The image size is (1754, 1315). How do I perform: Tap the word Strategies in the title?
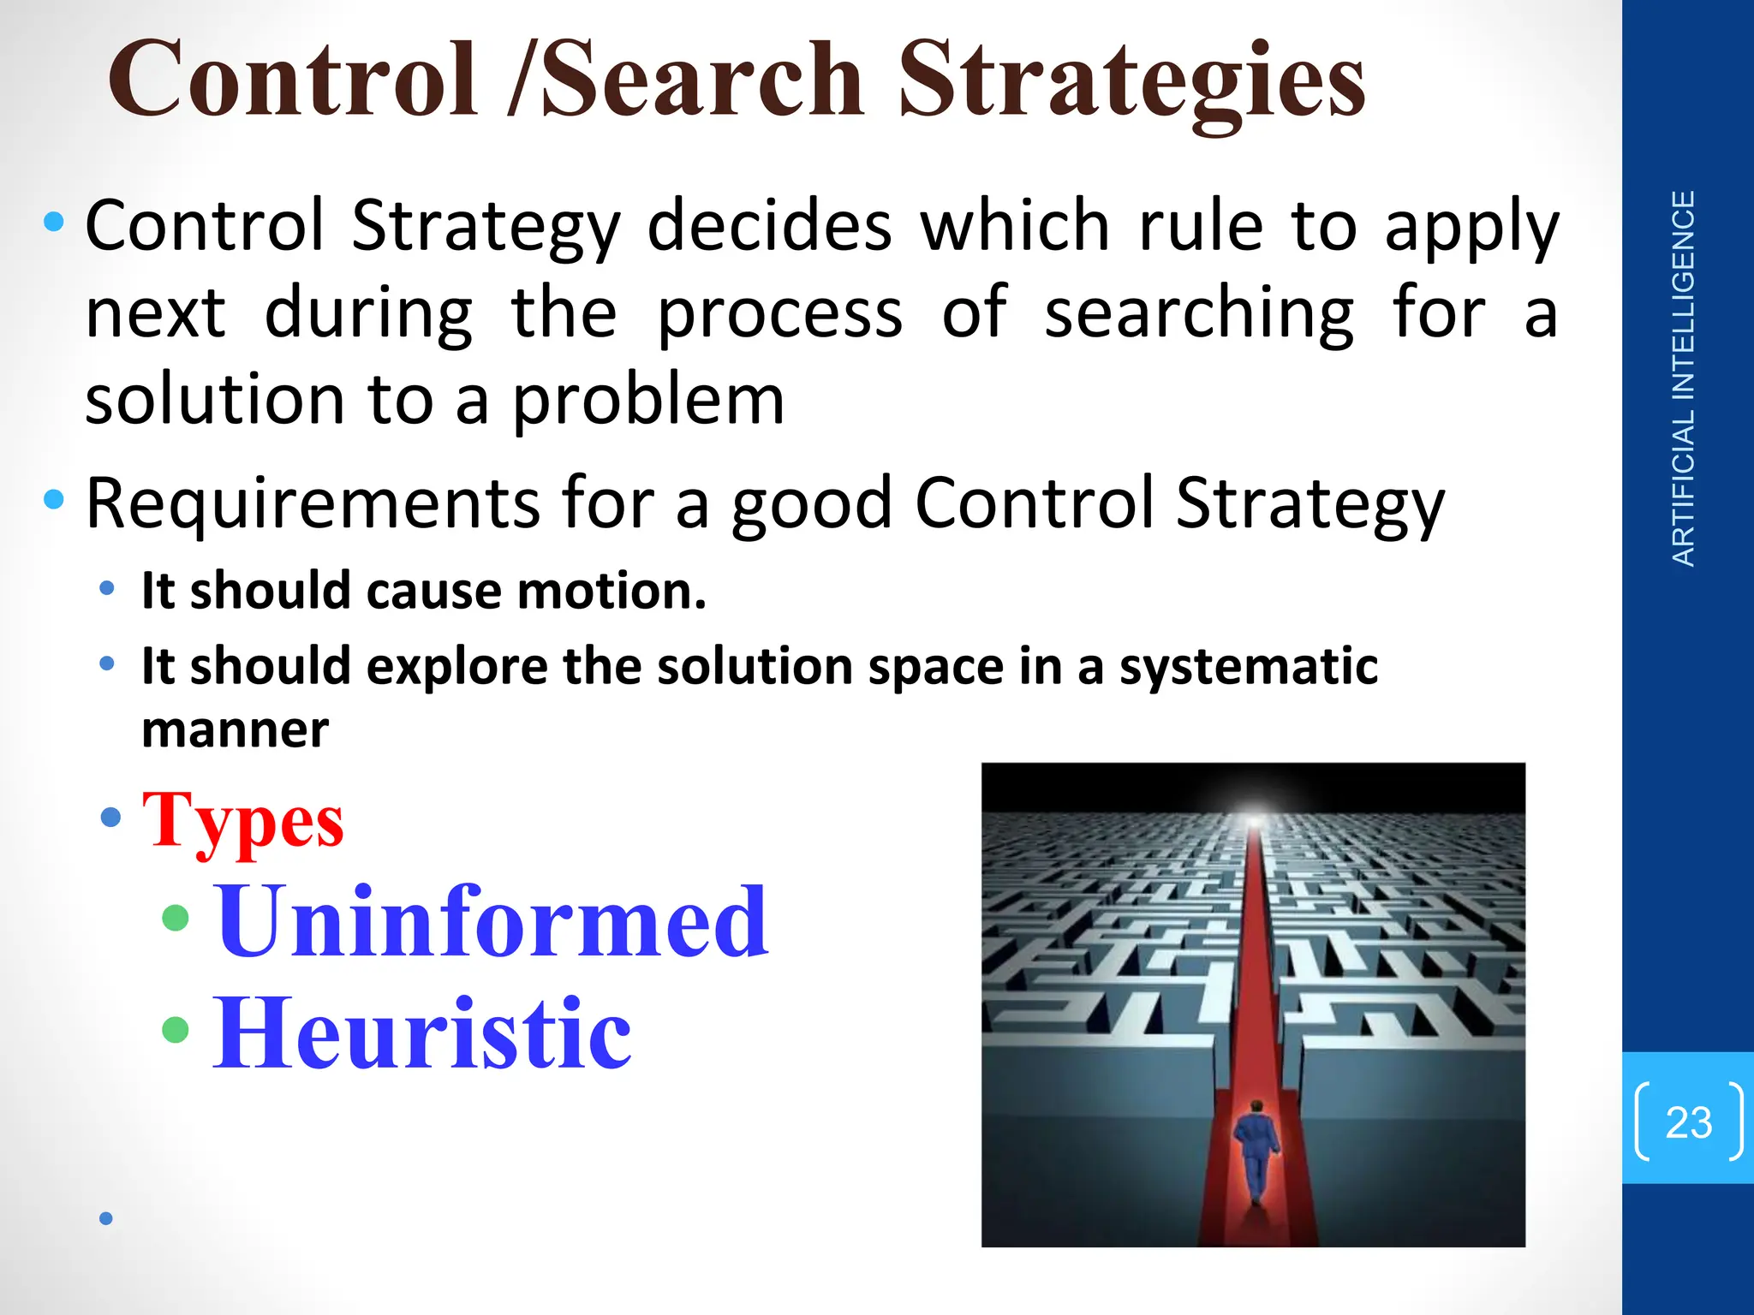[1131, 81]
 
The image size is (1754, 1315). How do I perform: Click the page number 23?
[1688, 1122]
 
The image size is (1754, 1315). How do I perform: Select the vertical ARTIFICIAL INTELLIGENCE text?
[1684, 378]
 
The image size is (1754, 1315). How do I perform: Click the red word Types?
[243, 821]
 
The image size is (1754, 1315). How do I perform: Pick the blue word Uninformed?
[492, 922]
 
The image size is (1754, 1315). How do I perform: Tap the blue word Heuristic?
[422, 1033]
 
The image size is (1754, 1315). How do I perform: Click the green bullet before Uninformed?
[175, 918]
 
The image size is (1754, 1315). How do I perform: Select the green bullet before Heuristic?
[175, 1029]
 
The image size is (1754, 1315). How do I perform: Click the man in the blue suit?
[1256, 1151]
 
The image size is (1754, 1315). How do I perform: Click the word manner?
[235, 730]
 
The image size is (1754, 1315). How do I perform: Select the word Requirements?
[313, 503]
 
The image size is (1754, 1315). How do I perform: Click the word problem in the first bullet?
[648, 400]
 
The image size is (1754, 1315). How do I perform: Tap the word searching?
[1198, 313]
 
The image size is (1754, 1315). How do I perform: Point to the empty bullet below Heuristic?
[106, 1218]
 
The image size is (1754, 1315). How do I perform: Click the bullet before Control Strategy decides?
[54, 223]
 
